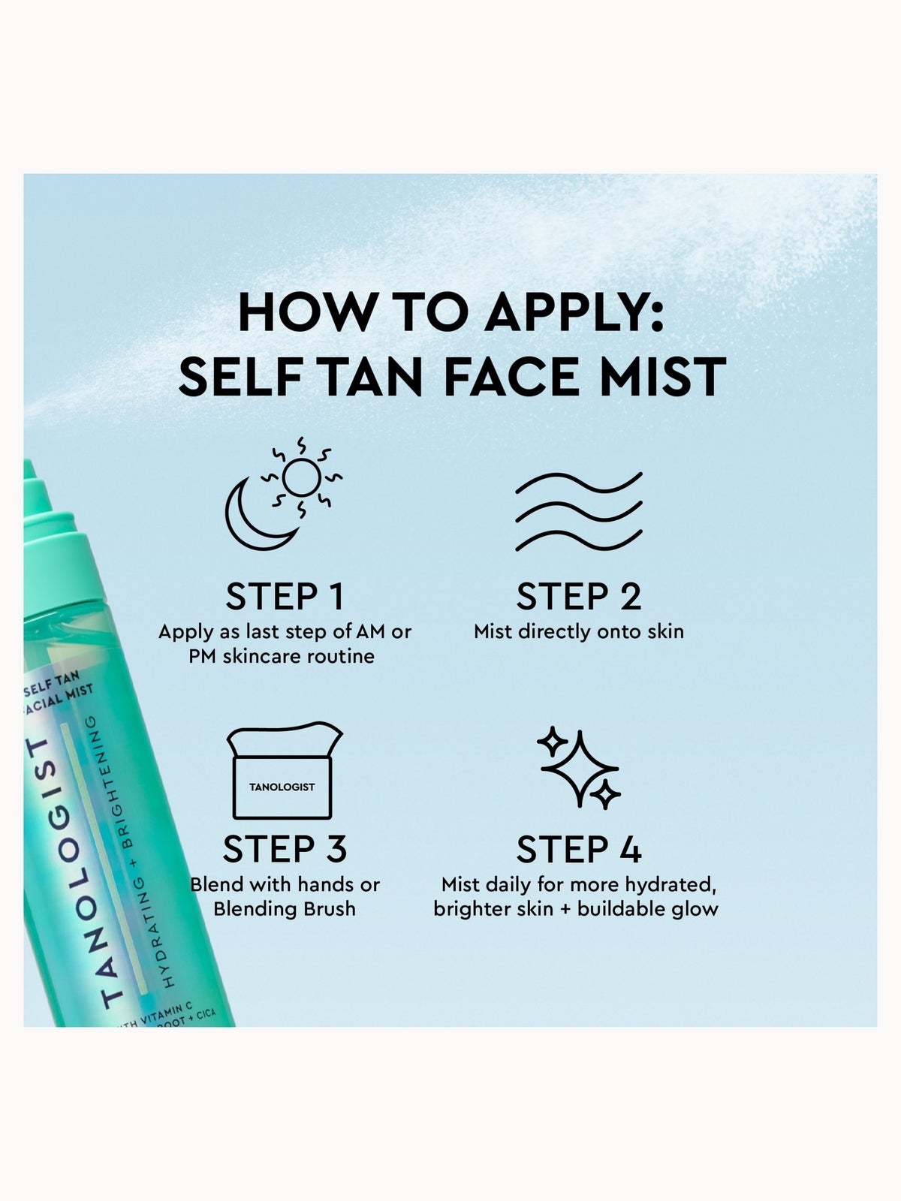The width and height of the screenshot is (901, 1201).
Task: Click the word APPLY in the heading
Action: [x=574, y=312]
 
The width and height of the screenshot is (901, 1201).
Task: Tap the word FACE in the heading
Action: [x=512, y=377]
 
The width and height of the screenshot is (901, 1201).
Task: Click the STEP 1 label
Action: [x=285, y=597]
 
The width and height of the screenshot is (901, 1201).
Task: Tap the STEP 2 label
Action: [x=579, y=597]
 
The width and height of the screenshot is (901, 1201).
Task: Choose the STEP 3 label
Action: [x=285, y=849]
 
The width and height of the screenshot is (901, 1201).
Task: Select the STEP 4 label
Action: [x=579, y=849]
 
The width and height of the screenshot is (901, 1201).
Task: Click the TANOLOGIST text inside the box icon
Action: [x=282, y=787]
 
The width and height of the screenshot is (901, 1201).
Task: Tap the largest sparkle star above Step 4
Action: [x=580, y=768]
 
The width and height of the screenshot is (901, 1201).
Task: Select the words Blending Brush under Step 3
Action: [x=285, y=909]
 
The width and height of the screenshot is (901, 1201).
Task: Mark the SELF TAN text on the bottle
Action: [x=52, y=684]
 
